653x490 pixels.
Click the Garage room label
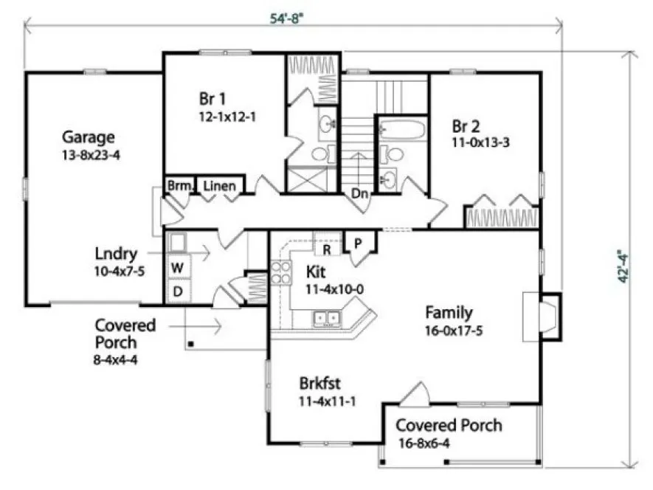pyautogui.click(x=88, y=137)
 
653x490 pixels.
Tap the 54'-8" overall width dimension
pyautogui.click(x=286, y=19)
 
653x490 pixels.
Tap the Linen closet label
pyautogui.click(x=220, y=186)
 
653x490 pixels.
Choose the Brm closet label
pyautogui.click(x=178, y=186)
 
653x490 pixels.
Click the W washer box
pyautogui.click(x=177, y=267)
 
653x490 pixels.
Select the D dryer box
pyautogui.click(x=177, y=291)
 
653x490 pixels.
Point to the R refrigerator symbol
pyautogui.click(x=326, y=249)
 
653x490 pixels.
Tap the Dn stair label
pyautogui.click(x=360, y=194)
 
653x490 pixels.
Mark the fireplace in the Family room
pyautogui.click(x=545, y=316)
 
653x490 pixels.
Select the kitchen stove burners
pyautogui.click(x=281, y=273)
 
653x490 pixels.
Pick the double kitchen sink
pyautogui.click(x=326, y=319)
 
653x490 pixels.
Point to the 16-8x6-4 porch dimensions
pyautogui.click(x=434, y=443)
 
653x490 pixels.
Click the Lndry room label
pyautogui.click(x=115, y=255)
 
